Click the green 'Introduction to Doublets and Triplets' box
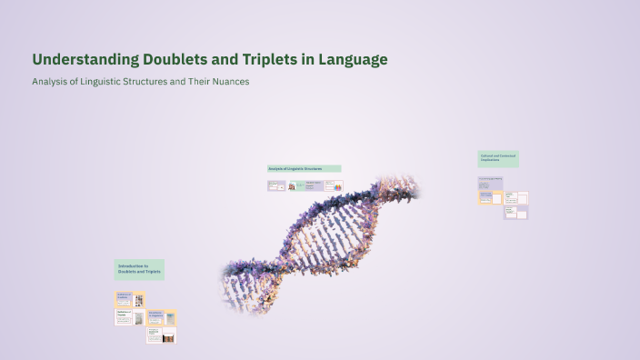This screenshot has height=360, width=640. [x=139, y=269]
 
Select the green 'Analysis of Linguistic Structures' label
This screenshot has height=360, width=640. [x=304, y=168]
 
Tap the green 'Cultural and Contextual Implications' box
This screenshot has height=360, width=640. [x=498, y=158]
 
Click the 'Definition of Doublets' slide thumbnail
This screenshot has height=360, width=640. [x=129, y=299]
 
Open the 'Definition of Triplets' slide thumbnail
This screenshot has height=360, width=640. [x=129, y=316]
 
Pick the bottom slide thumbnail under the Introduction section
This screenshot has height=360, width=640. [x=161, y=335]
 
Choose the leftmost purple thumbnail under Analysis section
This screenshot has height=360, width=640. [x=276, y=185]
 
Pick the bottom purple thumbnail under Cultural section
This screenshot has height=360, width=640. [x=515, y=212]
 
